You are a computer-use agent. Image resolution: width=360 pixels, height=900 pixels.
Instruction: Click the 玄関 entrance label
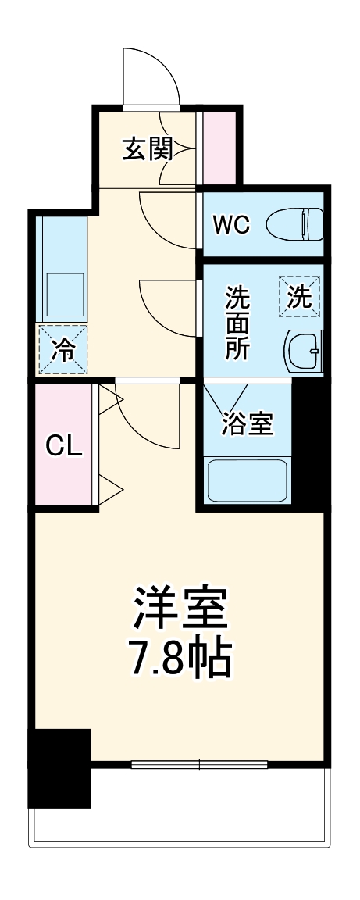(146, 148)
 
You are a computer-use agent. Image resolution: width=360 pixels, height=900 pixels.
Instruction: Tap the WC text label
(232, 225)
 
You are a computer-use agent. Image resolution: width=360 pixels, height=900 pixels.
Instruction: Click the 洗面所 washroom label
(238, 323)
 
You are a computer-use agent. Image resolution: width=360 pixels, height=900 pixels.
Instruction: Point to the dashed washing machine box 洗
(301, 297)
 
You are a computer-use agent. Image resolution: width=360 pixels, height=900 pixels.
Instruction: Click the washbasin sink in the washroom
(302, 350)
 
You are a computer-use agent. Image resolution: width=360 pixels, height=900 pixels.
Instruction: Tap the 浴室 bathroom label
(247, 424)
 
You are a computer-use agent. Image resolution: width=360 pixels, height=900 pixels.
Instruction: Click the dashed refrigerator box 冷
(62, 349)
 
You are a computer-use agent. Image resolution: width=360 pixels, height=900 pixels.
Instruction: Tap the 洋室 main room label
(180, 610)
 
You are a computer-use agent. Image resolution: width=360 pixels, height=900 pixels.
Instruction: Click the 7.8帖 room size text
(180, 661)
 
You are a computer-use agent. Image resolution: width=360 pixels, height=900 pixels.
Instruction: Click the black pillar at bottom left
(59, 767)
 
